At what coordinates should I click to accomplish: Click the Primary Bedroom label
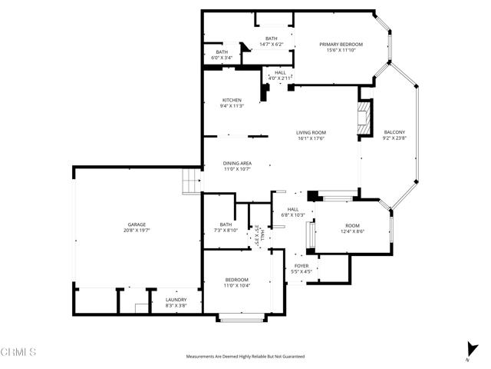click(341, 45)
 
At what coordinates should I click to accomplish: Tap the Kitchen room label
click(232, 100)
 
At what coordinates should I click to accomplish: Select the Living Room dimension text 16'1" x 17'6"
click(311, 139)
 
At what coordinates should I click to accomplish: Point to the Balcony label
click(394, 132)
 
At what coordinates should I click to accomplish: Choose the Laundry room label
click(176, 301)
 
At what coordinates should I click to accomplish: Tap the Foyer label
click(302, 266)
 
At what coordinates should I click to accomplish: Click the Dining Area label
click(237, 163)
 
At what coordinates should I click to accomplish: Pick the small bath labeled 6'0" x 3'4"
click(221, 52)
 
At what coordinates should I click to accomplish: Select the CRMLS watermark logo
click(18, 353)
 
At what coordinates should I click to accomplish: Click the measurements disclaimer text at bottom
click(245, 357)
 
